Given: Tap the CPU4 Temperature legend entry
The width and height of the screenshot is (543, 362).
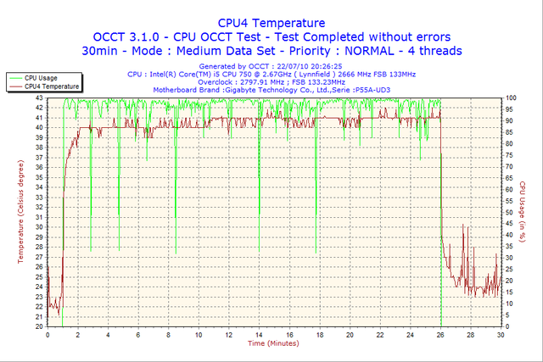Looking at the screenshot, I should tap(50, 86).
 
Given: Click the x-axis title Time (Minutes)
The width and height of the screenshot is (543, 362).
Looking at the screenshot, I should tap(273, 343).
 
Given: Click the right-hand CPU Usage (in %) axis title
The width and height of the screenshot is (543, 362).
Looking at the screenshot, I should tap(522, 212).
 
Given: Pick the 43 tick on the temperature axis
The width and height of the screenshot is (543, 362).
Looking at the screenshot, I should tap(40, 98).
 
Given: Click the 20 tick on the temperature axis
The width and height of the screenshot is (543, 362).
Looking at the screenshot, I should tap(40, 326).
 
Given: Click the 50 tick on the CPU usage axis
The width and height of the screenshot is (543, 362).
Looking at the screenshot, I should tap(511, 212).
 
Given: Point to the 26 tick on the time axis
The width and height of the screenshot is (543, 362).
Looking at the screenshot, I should tap(441, 334).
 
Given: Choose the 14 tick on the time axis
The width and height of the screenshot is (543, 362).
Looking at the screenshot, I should tap(260, 334).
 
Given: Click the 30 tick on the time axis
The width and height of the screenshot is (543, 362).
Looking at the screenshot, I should tap(501, 334).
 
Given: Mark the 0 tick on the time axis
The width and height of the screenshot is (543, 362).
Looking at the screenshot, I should tap(48, 334).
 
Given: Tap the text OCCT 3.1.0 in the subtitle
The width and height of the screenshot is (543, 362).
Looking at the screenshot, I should tap(127, 37).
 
